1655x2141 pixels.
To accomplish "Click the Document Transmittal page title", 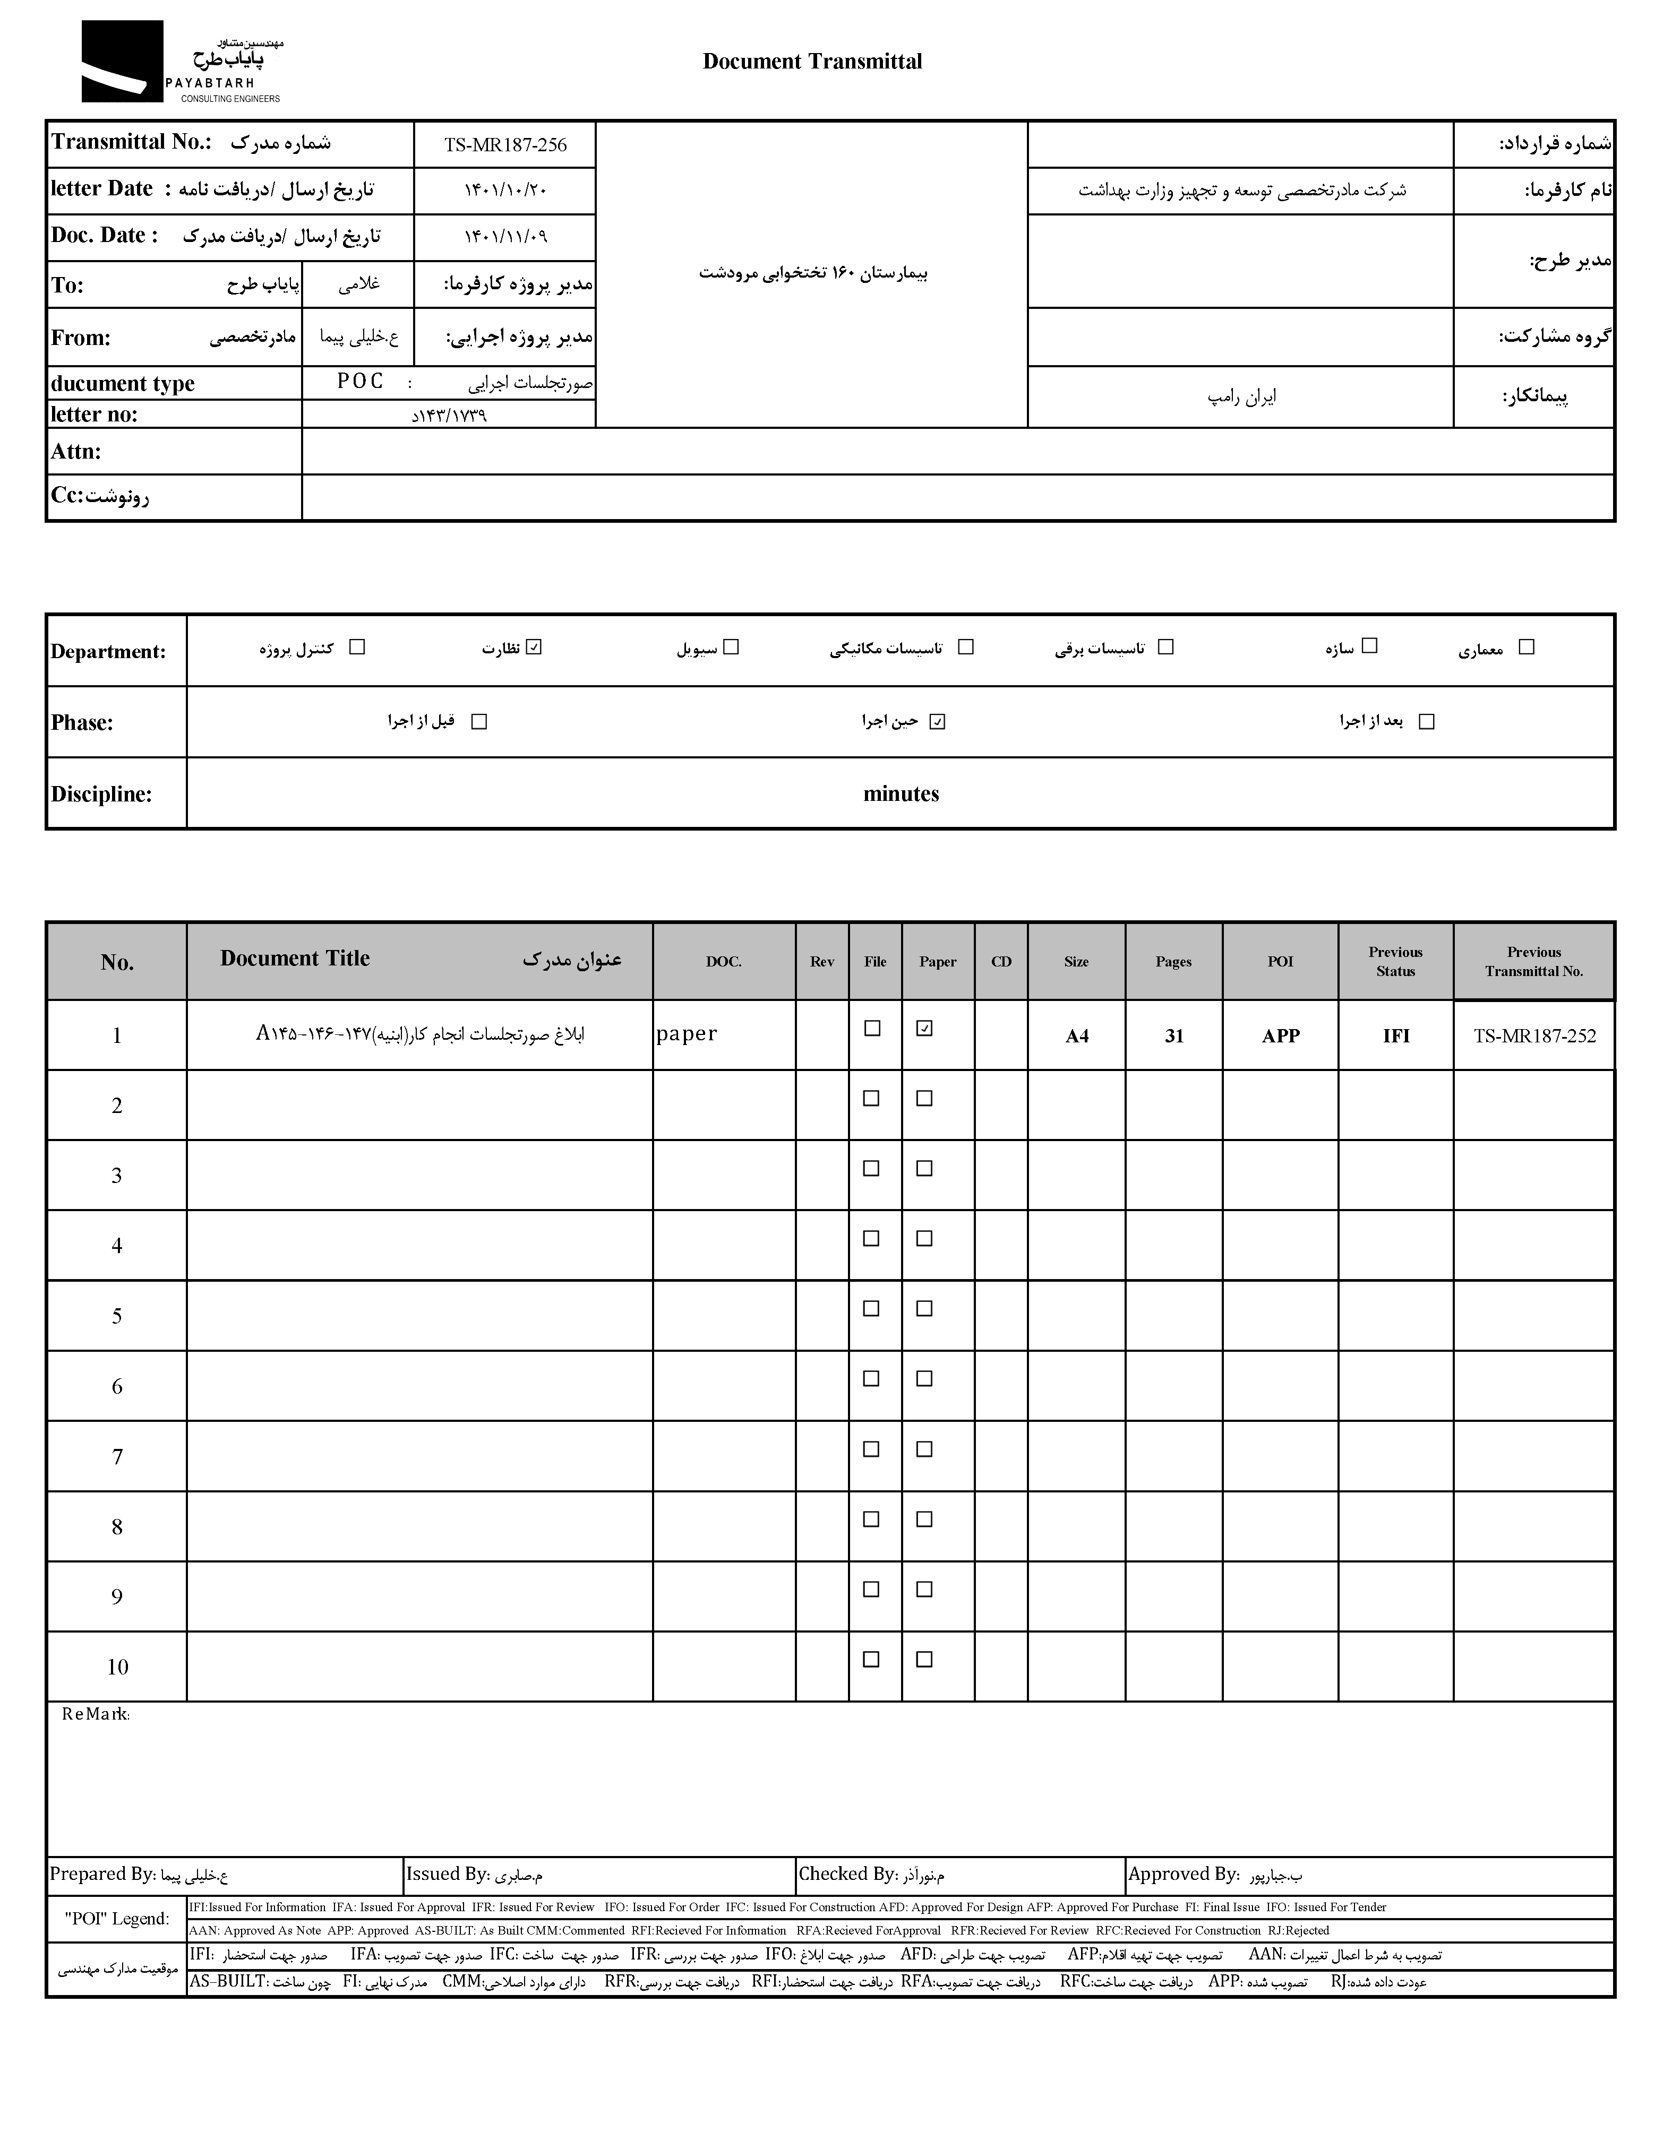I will [812, 62].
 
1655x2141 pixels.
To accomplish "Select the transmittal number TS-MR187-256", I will [505, 145].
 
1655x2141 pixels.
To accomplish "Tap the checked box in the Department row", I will [534, 647].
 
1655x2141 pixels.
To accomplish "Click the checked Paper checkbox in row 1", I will [923, 1029].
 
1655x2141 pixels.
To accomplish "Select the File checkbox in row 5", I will [871, 1309].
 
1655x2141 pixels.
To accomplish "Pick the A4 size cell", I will [1077, 1036].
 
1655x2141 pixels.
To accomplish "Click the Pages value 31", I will [1173, 1036].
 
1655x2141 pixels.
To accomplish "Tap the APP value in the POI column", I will [1281, 1036].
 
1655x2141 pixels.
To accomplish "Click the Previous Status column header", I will [1395, 962].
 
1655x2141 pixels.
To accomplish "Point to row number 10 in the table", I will [117, 1667].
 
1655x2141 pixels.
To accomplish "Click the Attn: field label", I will [76, 452].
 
